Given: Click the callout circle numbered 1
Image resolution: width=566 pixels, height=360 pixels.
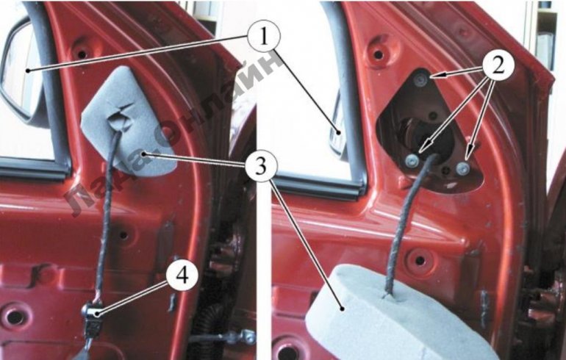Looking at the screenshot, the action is click(264, 37).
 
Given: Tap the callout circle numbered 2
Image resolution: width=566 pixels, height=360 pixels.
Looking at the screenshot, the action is click(498, 67).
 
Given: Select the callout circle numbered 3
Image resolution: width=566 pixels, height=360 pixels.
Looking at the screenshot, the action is click(261, 166).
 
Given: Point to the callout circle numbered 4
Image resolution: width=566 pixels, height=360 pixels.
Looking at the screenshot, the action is click(182, 276).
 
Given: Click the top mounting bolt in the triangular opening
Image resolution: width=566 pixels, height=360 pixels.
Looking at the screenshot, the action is click(421, 80).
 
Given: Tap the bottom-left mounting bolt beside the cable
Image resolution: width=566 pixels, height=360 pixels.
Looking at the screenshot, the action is click(412, 161).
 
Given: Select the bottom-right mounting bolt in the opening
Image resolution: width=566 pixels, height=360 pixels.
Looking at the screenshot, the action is click(462, 168).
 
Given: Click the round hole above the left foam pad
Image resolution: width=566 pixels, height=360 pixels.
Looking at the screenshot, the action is click(82, 54).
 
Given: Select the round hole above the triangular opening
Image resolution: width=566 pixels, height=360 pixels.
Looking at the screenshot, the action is click(379, 55).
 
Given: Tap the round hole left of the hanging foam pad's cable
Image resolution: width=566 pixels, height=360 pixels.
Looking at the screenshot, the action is click(420, 259).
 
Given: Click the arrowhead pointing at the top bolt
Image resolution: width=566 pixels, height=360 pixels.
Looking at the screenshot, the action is click(435, 76).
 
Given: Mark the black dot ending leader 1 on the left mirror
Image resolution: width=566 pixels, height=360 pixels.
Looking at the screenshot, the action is click(27, 71).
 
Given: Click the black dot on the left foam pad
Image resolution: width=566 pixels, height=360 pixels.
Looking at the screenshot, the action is click(143, 154).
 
